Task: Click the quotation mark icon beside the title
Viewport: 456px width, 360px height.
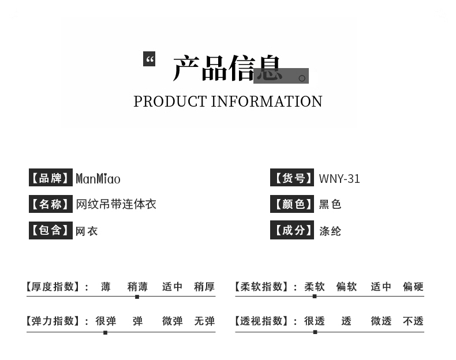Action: [x=149, y=59]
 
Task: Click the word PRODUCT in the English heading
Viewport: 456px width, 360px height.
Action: [x=170, y=102]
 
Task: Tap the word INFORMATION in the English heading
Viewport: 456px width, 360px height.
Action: [x=267, y=102]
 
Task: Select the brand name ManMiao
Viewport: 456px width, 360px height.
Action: [x=98, y=178]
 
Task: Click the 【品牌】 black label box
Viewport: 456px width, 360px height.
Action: [x=51, y=177]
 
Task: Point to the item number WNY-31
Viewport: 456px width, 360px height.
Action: [x=339, y=179]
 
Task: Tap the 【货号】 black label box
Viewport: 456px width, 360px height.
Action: [x=292, y=177]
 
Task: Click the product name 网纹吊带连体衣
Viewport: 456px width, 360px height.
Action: [x=116, y=204]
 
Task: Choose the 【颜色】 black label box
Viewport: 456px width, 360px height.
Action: [x=292, y=204]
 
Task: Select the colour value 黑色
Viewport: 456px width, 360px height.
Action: [x=330, y=204]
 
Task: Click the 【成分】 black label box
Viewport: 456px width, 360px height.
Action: [x=292, y=230]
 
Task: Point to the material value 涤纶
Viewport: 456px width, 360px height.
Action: [x=330, y=231]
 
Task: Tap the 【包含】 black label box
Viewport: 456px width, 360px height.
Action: [x=51, y=230]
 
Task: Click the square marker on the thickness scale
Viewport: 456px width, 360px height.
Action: [x=137, y=297]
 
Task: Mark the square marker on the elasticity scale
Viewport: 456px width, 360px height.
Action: [x=105, y=332]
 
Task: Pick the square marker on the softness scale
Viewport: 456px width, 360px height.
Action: [x=315, y=297]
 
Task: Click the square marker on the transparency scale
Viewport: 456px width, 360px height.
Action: [x=315, y=332]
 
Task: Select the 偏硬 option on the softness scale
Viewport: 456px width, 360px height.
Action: [x=413, y=287]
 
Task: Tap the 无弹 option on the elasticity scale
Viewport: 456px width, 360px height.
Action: [x=204, y=321]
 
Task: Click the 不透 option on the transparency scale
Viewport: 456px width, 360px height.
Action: [x=413, y=321]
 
